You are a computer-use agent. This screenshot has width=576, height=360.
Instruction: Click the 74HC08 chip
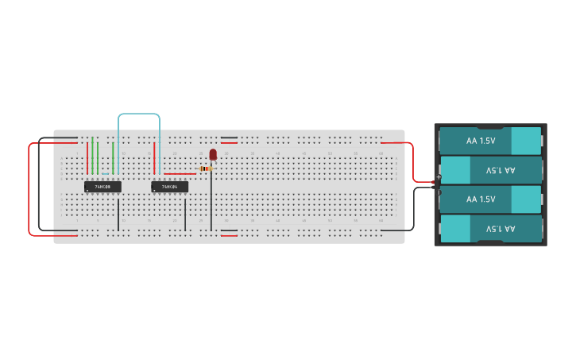(x=102, y=187)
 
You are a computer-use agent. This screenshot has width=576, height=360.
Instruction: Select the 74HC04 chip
(x=169, y=187)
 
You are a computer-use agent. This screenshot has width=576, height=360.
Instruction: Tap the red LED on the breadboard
(x=213, y=154)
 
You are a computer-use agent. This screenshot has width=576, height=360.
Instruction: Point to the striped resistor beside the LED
(x=206, y=168)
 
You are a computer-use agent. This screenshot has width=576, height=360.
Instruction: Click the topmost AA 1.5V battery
(x=490, y=141)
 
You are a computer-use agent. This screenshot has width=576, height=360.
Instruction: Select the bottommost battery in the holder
(x=490, y=229)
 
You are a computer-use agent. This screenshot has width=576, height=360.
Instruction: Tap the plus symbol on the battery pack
(x=439, y=176)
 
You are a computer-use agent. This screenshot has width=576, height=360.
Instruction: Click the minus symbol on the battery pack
(x=439, y=192)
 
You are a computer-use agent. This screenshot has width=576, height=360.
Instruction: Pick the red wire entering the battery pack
(x=412, y=159)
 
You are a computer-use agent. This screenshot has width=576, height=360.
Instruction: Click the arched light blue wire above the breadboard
(x=139, y=114)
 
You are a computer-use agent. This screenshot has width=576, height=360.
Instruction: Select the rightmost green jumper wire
(x=113, y=157)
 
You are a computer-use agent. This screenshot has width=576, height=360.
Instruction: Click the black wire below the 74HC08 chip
(x=118, y=215)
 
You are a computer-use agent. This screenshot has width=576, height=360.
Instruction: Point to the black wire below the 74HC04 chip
(x=185, y=215)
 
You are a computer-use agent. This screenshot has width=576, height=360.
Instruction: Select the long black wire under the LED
(x=211, y=203)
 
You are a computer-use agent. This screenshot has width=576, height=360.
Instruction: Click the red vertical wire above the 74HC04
(x=154, y=157)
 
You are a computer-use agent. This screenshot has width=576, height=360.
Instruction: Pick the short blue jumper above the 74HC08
(x=105, y=173)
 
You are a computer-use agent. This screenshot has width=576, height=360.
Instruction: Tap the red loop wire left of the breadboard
(x=30, y=191)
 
